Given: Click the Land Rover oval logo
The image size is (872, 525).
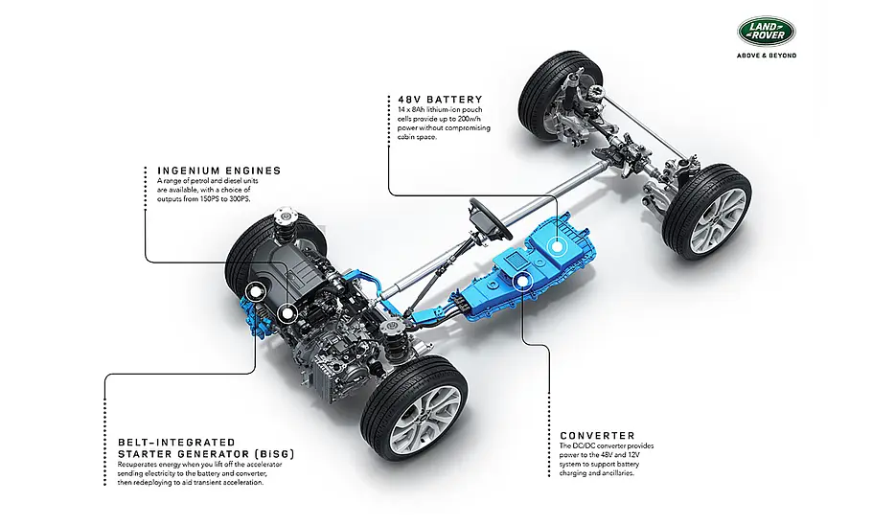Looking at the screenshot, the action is click(767, 32).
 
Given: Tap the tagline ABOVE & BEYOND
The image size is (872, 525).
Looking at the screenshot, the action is click(767, 56).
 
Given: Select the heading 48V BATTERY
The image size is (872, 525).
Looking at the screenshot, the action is click(440, 100).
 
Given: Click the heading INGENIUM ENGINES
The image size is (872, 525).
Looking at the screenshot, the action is click(219, 171).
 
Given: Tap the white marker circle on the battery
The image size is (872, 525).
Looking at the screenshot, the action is click(556, 245).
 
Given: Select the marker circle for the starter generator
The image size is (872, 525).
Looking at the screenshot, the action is click(256, 291).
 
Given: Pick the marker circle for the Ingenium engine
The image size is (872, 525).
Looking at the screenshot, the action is click(287, 314).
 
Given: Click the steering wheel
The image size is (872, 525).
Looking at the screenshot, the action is click(491, 218).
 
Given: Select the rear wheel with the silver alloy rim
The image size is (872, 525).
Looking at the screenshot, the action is click(707, 212).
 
